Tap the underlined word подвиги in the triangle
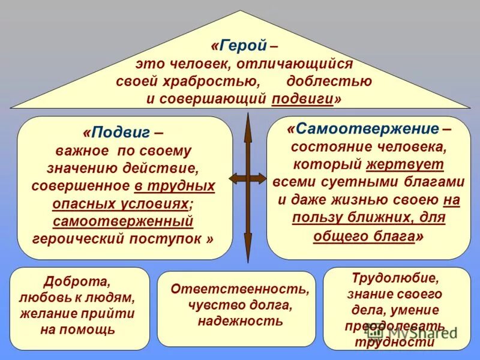pos(302,98)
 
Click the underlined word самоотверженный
pos(123,221)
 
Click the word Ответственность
pos(240,289)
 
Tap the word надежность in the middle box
pos(240,322)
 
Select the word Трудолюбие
pos(397,278)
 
